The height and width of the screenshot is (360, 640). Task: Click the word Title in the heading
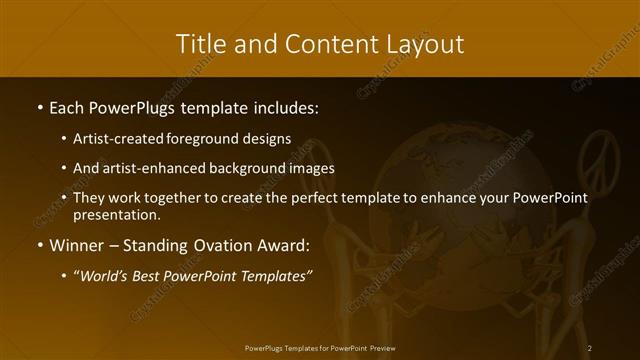[202, 44]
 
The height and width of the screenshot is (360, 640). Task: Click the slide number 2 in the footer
[590, 348]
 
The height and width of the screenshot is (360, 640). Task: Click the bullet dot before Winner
[39, 245]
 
